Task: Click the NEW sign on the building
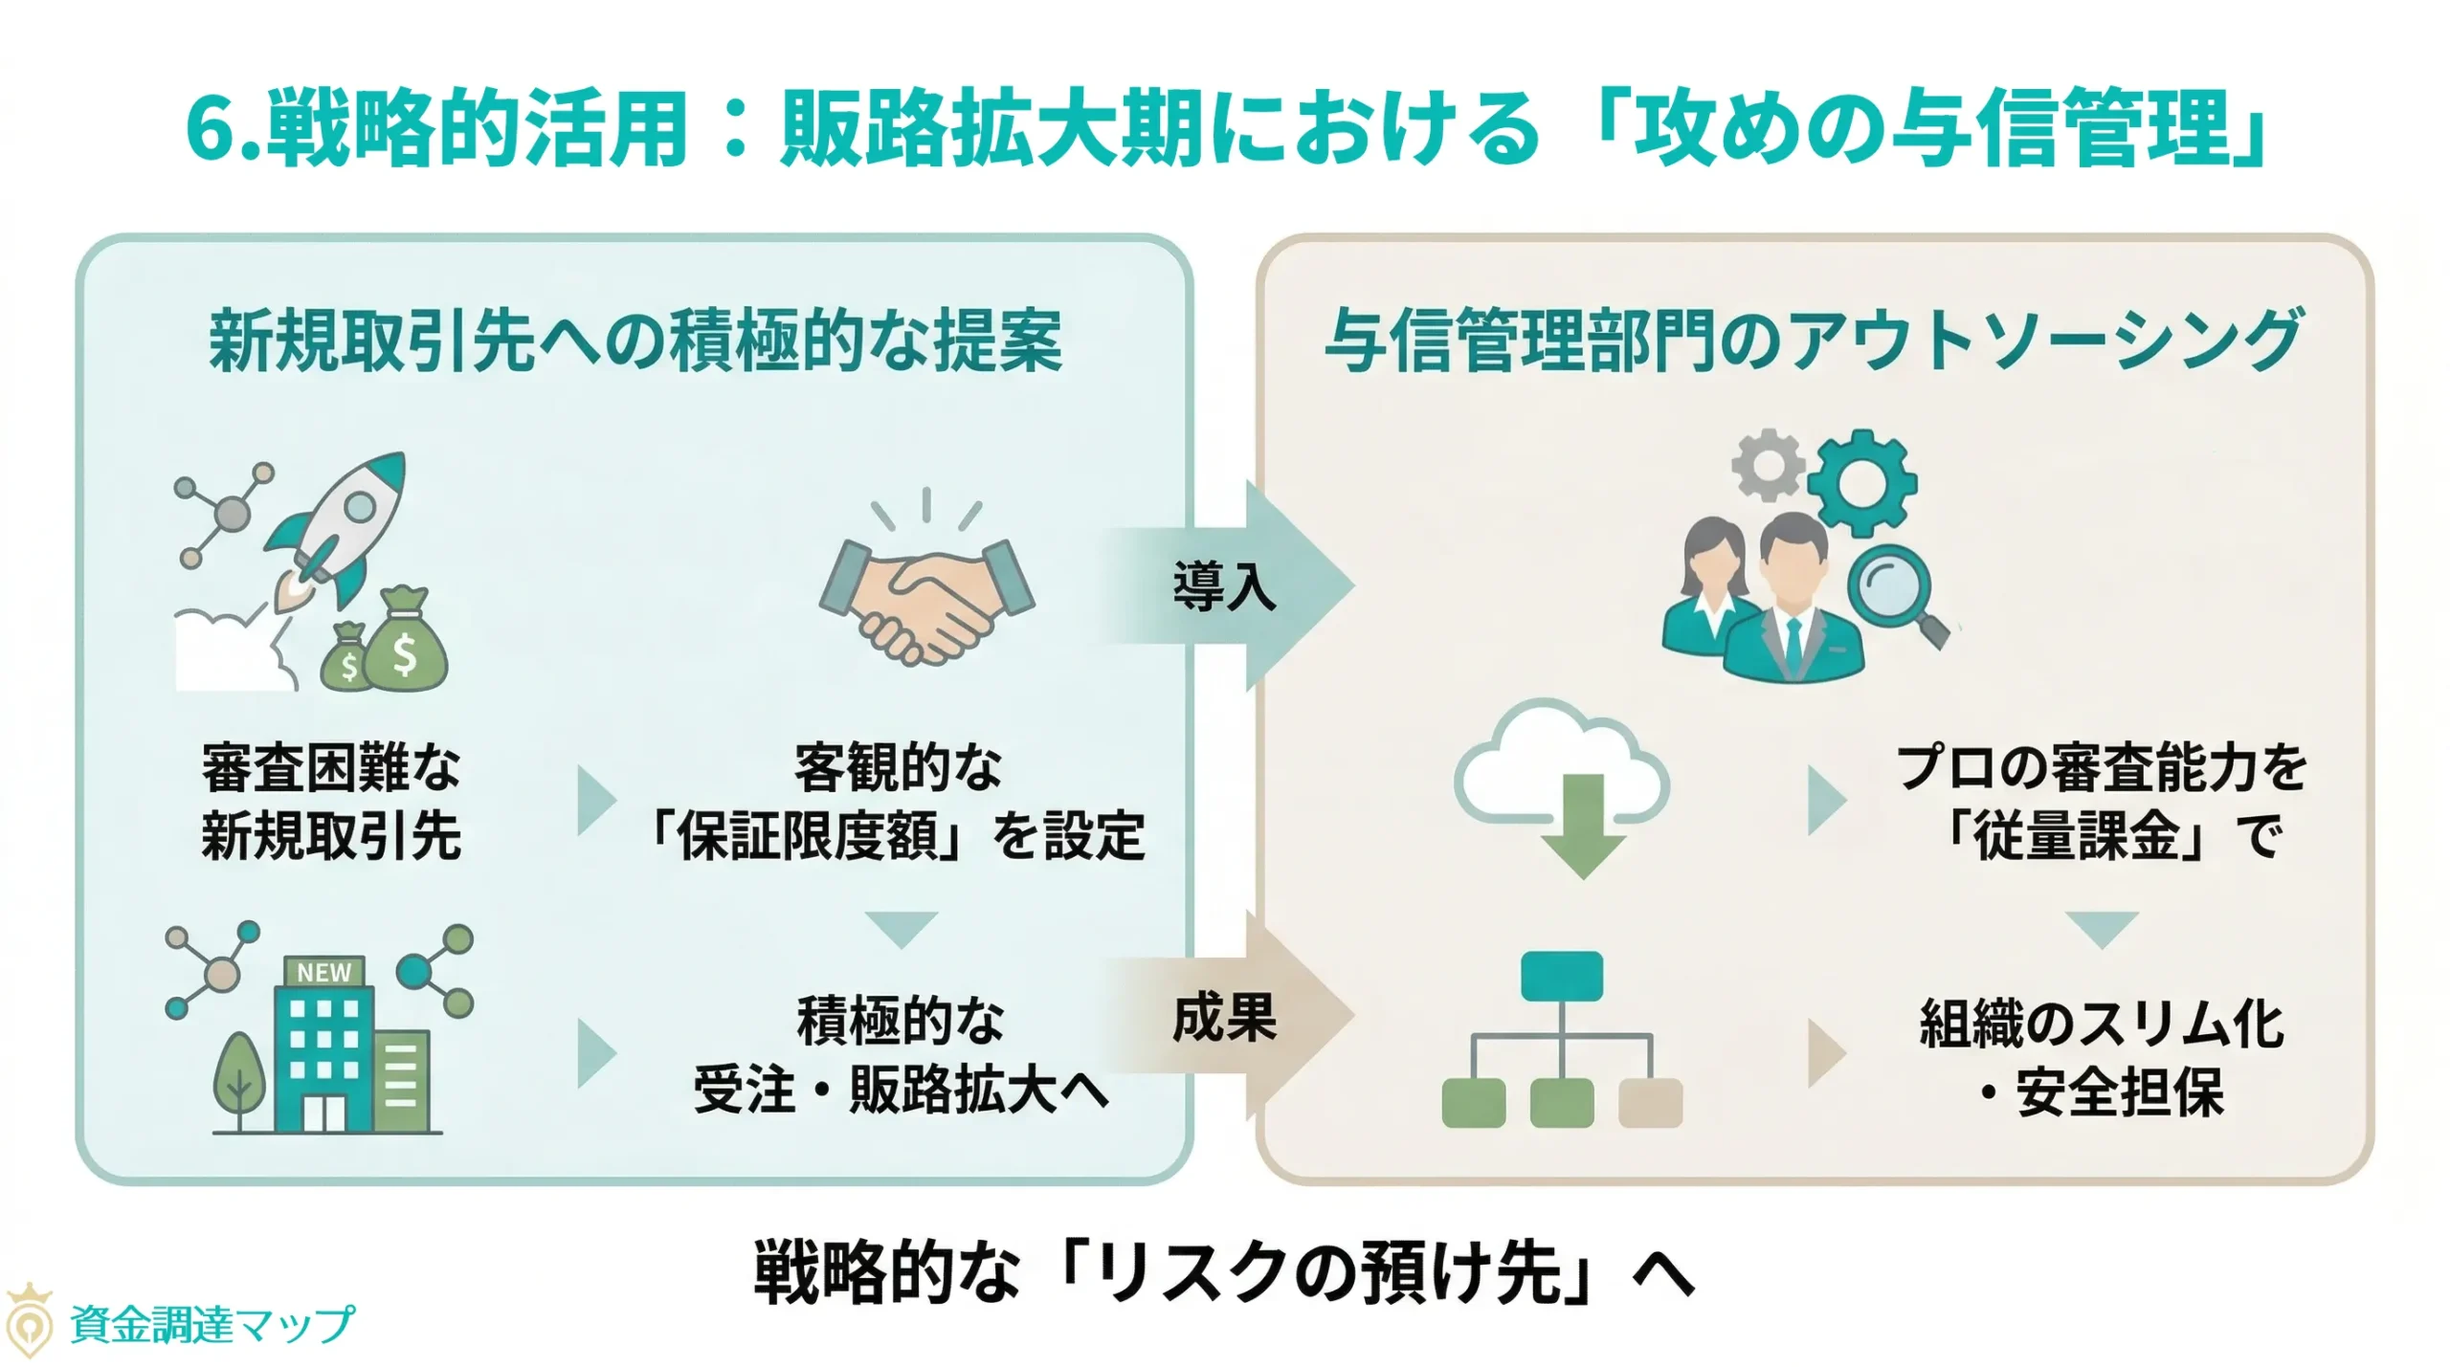[x=323, y=972]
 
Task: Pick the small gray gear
[x=1769, y=465]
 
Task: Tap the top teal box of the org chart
[x=1561, y=975]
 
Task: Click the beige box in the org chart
[x=1650, y=1102]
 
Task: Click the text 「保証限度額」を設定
[x=898, y=835]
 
